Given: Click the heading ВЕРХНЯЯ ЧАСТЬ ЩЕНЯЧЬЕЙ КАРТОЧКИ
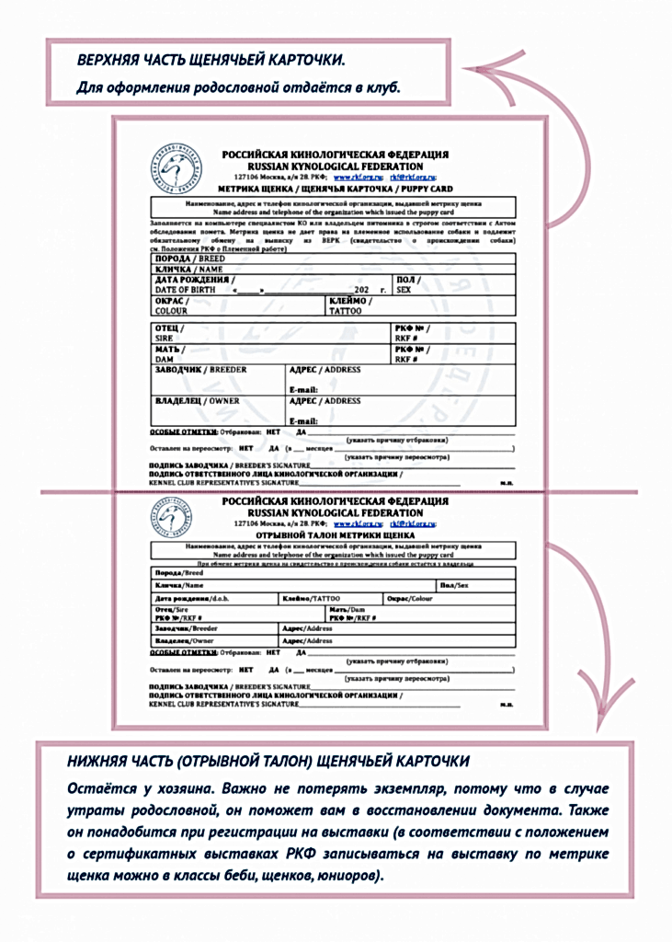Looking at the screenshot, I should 211,61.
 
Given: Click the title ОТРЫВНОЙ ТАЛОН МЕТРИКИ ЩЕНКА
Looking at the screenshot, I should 335,534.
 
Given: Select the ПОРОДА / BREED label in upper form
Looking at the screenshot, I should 189,259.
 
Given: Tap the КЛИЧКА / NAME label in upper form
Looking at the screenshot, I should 188,270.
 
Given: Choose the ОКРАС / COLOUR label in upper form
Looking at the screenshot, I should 172,306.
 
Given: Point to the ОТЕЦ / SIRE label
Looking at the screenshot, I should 170,333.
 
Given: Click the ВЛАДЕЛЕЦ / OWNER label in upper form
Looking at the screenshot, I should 197,401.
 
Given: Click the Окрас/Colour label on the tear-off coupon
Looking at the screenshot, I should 409,599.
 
